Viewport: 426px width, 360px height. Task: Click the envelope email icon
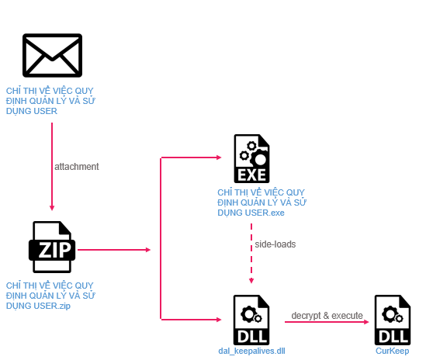tap(52, 55)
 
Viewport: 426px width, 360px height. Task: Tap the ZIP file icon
tap(52, 247)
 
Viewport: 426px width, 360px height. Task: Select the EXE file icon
tap(251, 158)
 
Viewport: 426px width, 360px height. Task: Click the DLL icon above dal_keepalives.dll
tap(251, 320)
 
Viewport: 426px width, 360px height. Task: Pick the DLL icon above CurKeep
tap(393, 320)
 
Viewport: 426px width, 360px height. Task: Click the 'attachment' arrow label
tap(77, 167)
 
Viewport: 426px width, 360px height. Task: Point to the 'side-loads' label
tap(275, 244)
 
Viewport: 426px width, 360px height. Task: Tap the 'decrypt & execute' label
tap(327, 316)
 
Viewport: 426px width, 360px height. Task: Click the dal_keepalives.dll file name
tap(251, 351)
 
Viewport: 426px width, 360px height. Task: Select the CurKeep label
tap(393, 351)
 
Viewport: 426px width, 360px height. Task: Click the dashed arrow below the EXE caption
tap(251, 254)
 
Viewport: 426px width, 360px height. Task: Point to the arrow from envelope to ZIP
tap(52, 167)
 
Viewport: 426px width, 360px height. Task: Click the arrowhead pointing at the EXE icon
tap(219, 157)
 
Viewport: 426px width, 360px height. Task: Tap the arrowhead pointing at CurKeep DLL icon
tap(366, 322)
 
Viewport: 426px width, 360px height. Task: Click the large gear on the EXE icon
tap(259, 160)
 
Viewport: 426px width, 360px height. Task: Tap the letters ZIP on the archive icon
tap(54, 250)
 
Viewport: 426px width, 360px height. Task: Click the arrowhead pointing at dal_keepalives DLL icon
tap(219, 320)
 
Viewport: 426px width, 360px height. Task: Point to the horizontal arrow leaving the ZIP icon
tap(114, 250)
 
